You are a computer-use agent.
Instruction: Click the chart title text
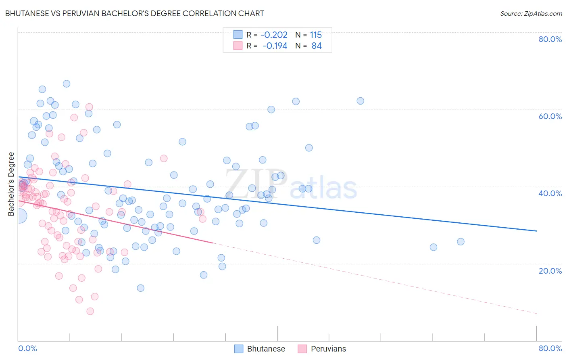(135, 13)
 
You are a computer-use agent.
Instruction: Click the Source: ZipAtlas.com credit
(531, 13)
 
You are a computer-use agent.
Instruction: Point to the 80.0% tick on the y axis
(550, 39)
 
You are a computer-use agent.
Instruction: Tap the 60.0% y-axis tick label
(550, 116)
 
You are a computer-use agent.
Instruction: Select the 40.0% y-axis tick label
(550, 193)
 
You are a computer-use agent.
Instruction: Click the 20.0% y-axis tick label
(550, 271)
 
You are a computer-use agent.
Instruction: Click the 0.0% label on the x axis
(27, 348)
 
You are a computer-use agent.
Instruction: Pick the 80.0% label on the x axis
(550, 348)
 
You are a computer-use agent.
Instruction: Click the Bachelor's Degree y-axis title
(11, 184)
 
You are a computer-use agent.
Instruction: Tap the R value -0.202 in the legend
(274, 35)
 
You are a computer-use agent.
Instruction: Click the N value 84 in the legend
(317, 46)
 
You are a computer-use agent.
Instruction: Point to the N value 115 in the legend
(316, 35)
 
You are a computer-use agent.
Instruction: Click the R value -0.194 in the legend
(275, 46)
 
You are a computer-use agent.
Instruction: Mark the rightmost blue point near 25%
(461, 242)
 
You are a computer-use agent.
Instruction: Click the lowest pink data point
(90, 311)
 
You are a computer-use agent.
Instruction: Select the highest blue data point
(67, 84)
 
